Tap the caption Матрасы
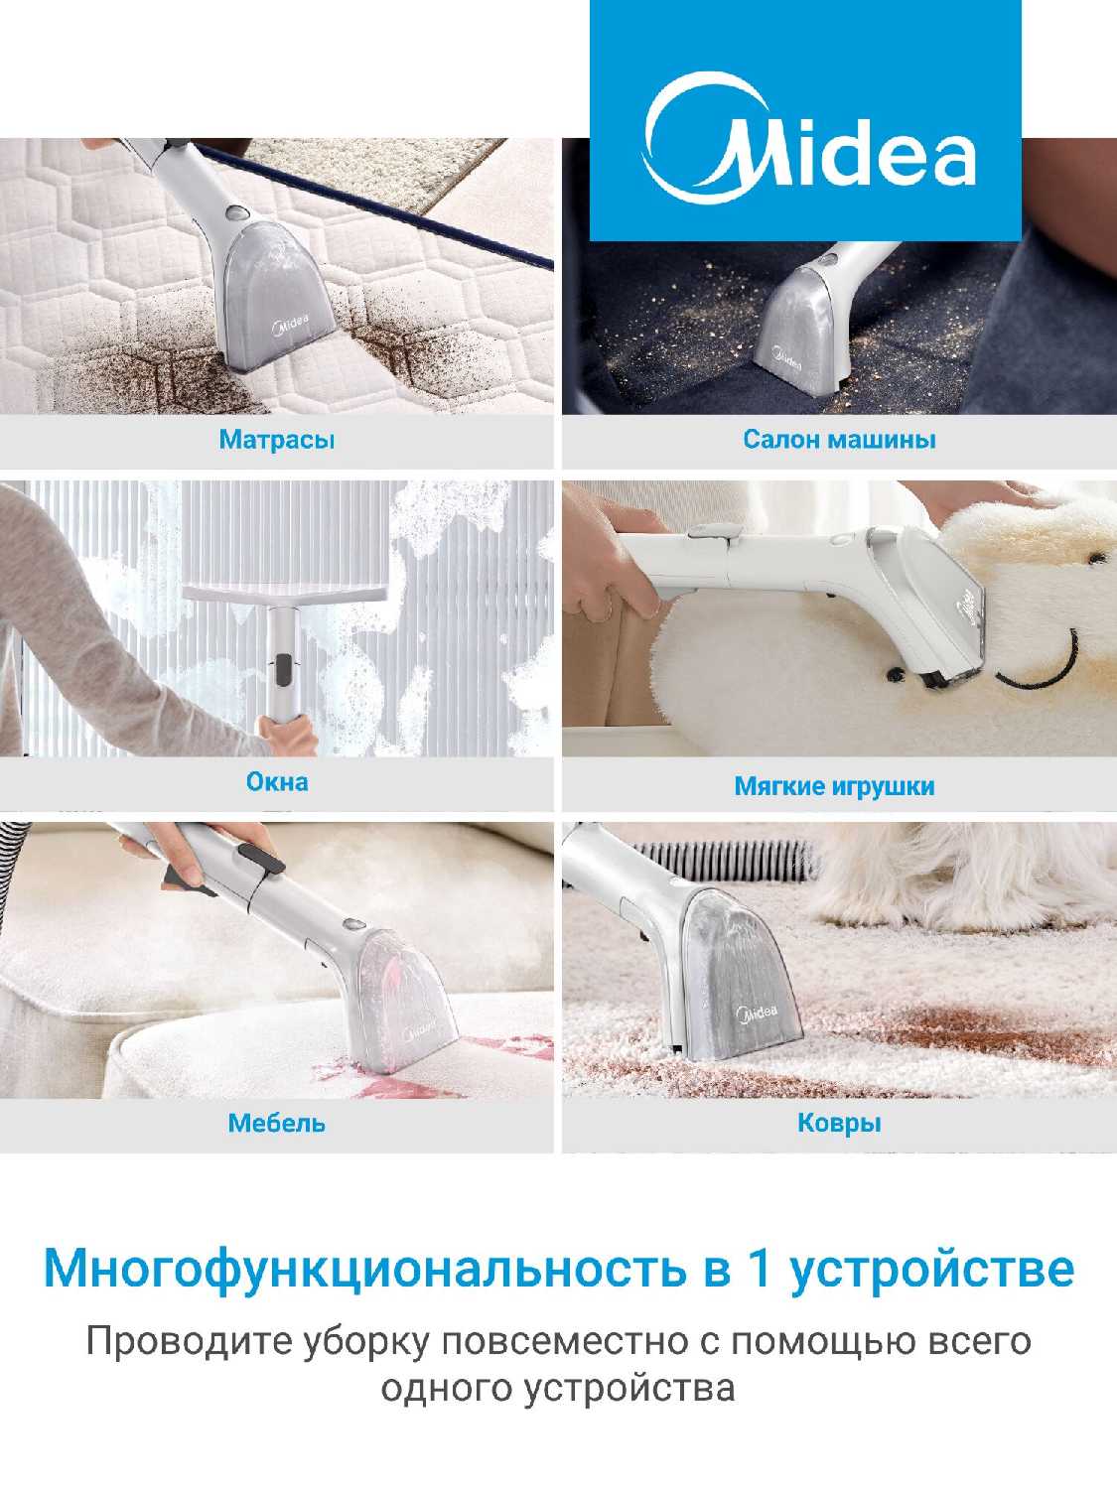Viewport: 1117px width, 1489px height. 277,441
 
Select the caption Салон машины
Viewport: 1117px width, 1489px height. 839,440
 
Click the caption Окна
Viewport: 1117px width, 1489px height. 277,782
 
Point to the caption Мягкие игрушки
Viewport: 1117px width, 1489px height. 834,786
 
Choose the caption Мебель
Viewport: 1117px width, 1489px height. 277,1124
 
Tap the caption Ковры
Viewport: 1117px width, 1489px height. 839,1124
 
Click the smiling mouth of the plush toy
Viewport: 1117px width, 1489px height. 1038,665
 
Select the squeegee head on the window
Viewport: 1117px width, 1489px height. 286,595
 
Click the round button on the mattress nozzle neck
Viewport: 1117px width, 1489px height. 236,212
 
